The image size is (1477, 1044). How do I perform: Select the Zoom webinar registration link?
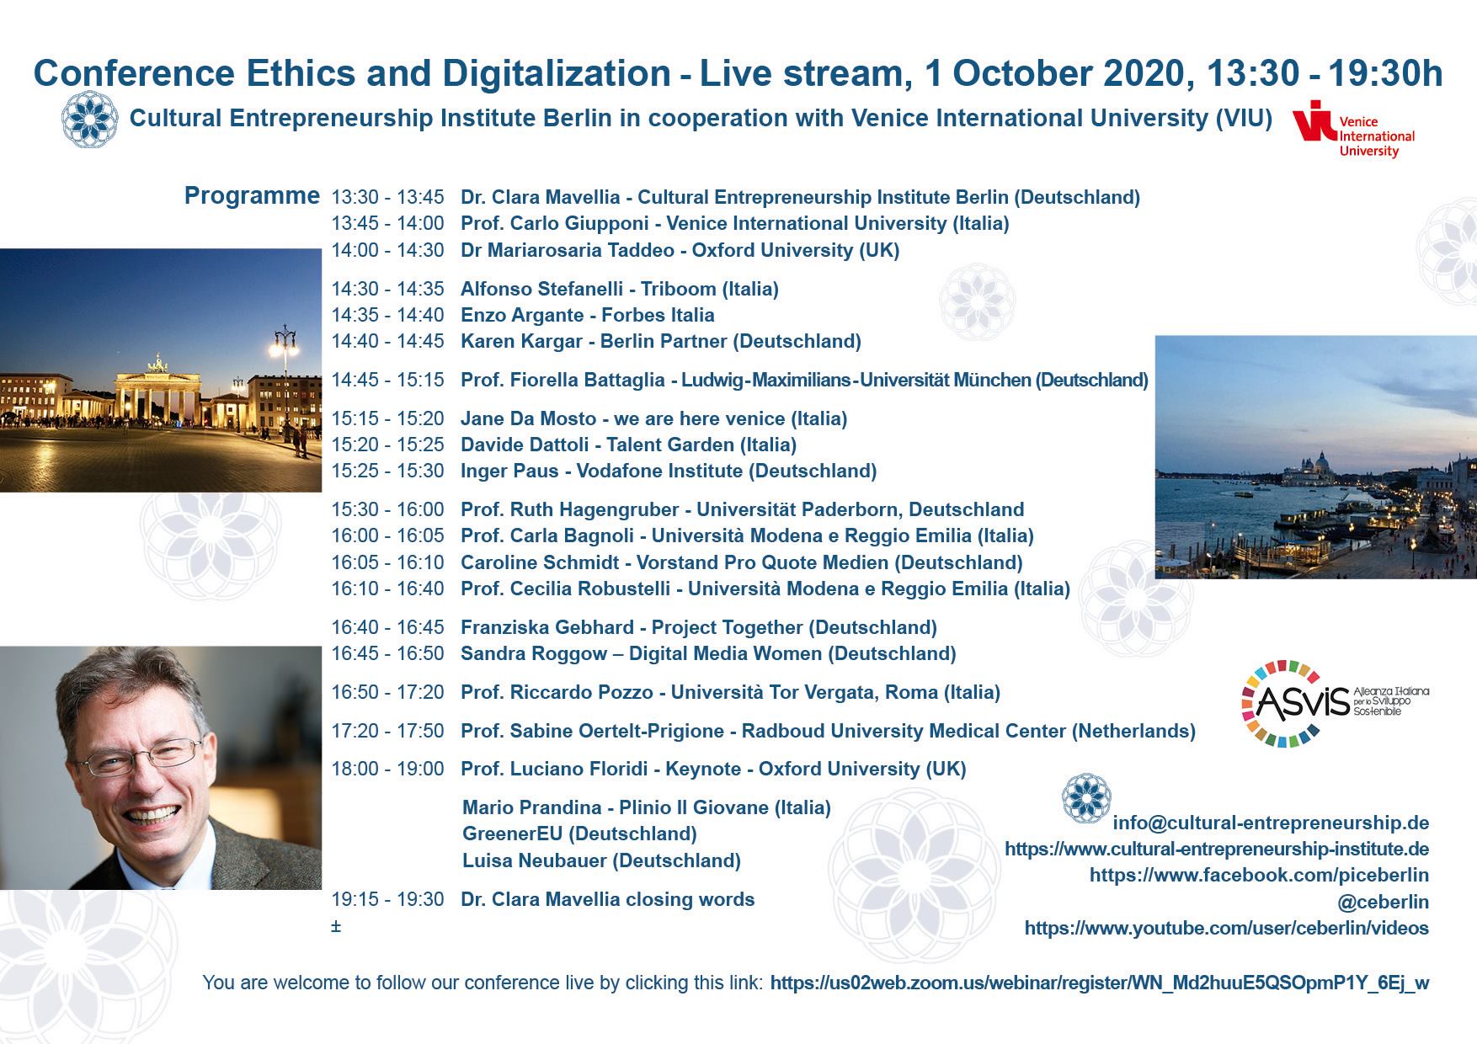pos(1100,983)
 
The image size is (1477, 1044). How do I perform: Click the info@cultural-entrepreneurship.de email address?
pos(1271,823)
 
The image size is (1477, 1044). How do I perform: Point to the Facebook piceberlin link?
pos(1259,875)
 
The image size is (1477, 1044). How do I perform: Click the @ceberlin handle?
pos(1383,902)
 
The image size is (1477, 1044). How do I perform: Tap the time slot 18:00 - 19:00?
pos(387,769)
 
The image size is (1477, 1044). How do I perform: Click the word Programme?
pos(252,196)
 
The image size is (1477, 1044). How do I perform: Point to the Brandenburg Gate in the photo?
pos(157,388)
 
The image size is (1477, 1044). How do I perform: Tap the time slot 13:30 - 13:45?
pos(387,197)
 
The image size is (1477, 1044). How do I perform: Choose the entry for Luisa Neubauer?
pos(601,860)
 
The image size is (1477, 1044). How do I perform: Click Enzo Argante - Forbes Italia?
pos(588,315)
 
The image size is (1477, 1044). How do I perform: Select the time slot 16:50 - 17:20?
pos(387,692)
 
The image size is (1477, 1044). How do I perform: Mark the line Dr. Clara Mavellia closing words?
pos(607,899)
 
